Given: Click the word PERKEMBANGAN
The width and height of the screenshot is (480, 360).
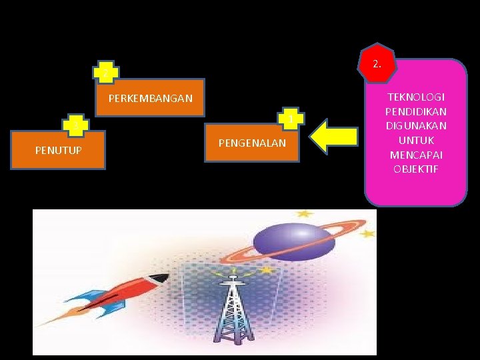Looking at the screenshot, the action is (x=150, y=99).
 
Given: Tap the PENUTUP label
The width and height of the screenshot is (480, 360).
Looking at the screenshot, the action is (x=59, y=150).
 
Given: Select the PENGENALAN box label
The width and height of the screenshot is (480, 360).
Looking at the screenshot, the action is (x=252, y=143).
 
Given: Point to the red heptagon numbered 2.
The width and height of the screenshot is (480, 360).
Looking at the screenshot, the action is (x=377, y=64).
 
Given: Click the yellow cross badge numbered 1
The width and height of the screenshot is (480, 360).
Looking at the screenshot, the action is (x=291, y=119).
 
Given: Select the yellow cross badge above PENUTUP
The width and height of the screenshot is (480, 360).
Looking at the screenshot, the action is (x=75, y=125).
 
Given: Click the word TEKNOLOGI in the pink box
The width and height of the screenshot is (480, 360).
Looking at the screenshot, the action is (x=415, y=97).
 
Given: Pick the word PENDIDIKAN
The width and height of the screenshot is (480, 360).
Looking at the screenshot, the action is (x=415, y=111).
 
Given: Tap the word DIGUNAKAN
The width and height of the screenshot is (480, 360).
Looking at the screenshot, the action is (x=415, y=126).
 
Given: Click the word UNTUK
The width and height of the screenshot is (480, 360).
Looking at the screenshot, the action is (x=415, y=140).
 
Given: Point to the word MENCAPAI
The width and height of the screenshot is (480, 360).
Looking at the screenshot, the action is (x=415, y=155).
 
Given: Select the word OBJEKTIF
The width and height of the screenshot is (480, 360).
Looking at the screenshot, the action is (x=415, y=169).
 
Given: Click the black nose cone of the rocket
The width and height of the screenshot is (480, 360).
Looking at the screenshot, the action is (x=159, y=279).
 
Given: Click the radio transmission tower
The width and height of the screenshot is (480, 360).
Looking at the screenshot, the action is (x=232, y=310).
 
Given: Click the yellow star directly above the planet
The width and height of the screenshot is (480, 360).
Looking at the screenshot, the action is (x=304, y=214).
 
